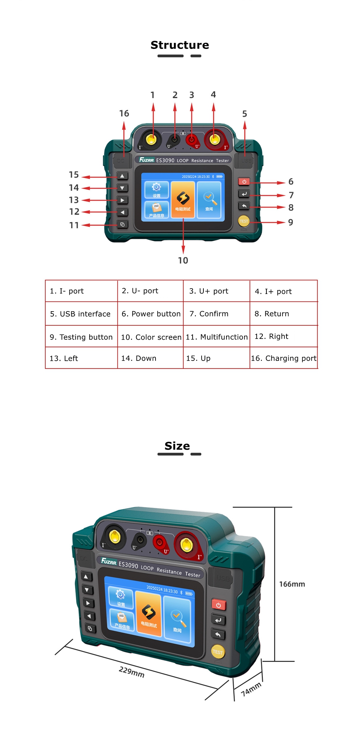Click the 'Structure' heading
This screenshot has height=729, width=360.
point(180,45)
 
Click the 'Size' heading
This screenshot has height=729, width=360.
point(177,446)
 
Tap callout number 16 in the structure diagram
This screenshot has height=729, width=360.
point(124,113)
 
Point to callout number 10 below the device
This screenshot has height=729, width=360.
point(183,260)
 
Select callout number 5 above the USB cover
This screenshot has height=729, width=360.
point(244,114)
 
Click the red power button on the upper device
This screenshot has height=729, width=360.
point(244,182)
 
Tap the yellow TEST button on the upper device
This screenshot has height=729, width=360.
point(244,221)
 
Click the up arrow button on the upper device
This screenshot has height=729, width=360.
point(122,176)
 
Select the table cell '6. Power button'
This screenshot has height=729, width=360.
point(151,314)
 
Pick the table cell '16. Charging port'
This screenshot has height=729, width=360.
point(284,358)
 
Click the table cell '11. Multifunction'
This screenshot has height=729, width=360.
point(217,337)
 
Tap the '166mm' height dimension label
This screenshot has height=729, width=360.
point(292,584)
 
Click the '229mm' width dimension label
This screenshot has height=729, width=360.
point(132,671)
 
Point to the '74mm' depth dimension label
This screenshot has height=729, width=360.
point(251,689)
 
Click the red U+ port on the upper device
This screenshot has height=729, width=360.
point(192,140)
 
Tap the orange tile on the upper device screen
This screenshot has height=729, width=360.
point(183,200)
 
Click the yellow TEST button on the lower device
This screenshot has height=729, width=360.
point(218,652)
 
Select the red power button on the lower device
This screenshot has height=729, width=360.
point(219,605)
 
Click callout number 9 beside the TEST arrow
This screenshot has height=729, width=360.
point(291,222)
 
